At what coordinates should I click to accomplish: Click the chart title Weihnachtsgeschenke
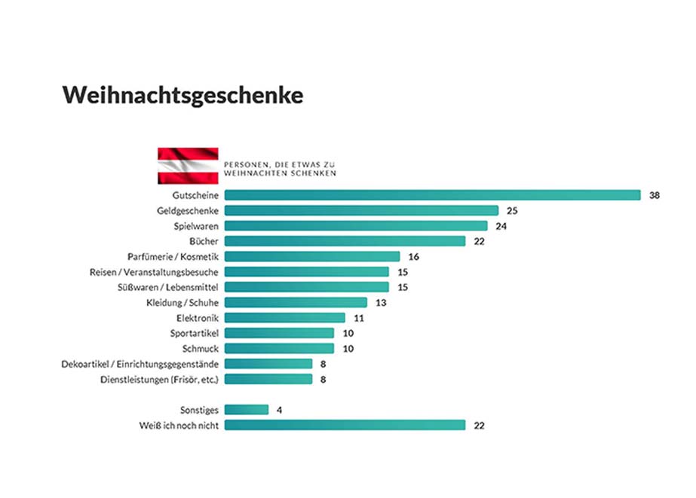click(x=182, y=95)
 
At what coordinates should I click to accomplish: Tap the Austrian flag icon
click(x=188, y=166)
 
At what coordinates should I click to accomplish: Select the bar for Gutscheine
click(x=432, y=195)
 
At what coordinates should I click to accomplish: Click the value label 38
click(x=655, y=195)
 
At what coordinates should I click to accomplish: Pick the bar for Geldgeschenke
click(x=361, y=210)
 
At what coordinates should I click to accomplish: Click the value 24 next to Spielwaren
click(x=501, y=226)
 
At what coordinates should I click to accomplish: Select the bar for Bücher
click(x=345, y=241)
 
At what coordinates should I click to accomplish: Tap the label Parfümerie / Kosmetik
click(x=173, y=256)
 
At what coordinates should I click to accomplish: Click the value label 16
click(x=413, y=256)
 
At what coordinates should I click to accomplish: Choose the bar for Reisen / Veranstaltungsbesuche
click(x=306, y=272)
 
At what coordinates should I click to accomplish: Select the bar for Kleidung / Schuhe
click(x=296, y=302)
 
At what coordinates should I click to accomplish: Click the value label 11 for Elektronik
click(x=358, y=318)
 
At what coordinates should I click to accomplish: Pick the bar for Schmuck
click(x=279, y=348)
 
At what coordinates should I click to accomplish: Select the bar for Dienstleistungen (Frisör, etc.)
click(x=268, y=379)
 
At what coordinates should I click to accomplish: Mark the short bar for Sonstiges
click(x=246, y=410)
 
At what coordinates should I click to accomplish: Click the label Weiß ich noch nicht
click(x=179, y=425)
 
